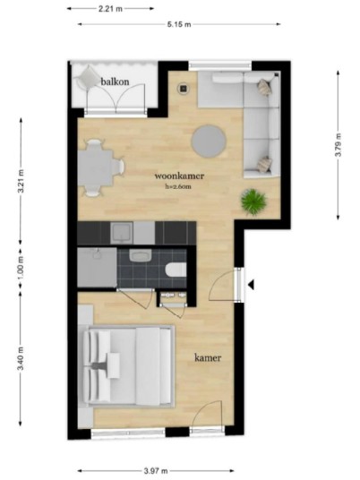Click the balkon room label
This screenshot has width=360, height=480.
(x=115, y=81)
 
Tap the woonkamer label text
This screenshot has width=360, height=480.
(x=179, y=176)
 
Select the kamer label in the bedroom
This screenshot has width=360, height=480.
(x=208, y=357)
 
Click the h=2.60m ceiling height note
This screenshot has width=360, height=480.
(x=178, y=186)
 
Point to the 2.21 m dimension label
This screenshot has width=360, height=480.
(x=110, y=9)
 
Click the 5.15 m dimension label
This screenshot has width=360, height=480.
(x=179, y=24)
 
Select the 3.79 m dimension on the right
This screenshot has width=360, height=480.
(x=338, y=145)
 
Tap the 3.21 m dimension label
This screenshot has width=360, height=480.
(x=21, y=181)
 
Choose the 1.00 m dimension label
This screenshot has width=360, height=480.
(x=21, y=267)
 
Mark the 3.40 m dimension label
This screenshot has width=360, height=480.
(x=21, y=358)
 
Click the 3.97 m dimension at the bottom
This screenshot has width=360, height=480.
(x=156, y=471)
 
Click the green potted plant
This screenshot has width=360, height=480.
(x=253, y=201)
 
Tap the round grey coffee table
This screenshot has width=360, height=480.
(x=209, y=141)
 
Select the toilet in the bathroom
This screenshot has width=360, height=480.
(x=176, y=270)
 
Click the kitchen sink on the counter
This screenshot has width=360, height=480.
(x=122, y=233)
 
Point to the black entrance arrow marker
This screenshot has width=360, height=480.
(x=251, y=285)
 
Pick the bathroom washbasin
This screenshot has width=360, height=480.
(x=141, y=256)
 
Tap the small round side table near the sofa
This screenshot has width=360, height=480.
(x=184, y=89)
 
